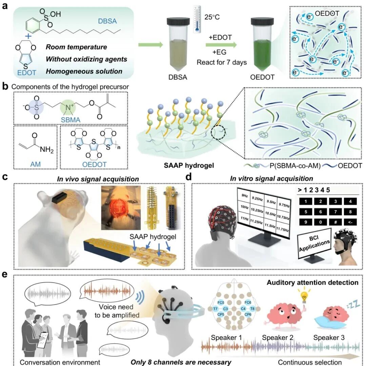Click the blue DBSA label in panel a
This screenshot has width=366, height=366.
(107, 21)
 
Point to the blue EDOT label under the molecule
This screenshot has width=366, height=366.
(27, 73)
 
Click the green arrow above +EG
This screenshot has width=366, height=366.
(221, 45)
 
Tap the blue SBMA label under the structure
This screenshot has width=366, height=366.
(70, 120)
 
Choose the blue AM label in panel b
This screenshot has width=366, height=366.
(35, 164)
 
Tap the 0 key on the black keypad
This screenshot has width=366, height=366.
(321, 222)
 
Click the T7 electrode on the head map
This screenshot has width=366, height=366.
(216, 309)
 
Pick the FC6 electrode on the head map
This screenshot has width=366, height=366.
(248, 303)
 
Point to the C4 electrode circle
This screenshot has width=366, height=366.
(243, 309)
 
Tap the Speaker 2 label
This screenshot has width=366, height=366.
(278, 338)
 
